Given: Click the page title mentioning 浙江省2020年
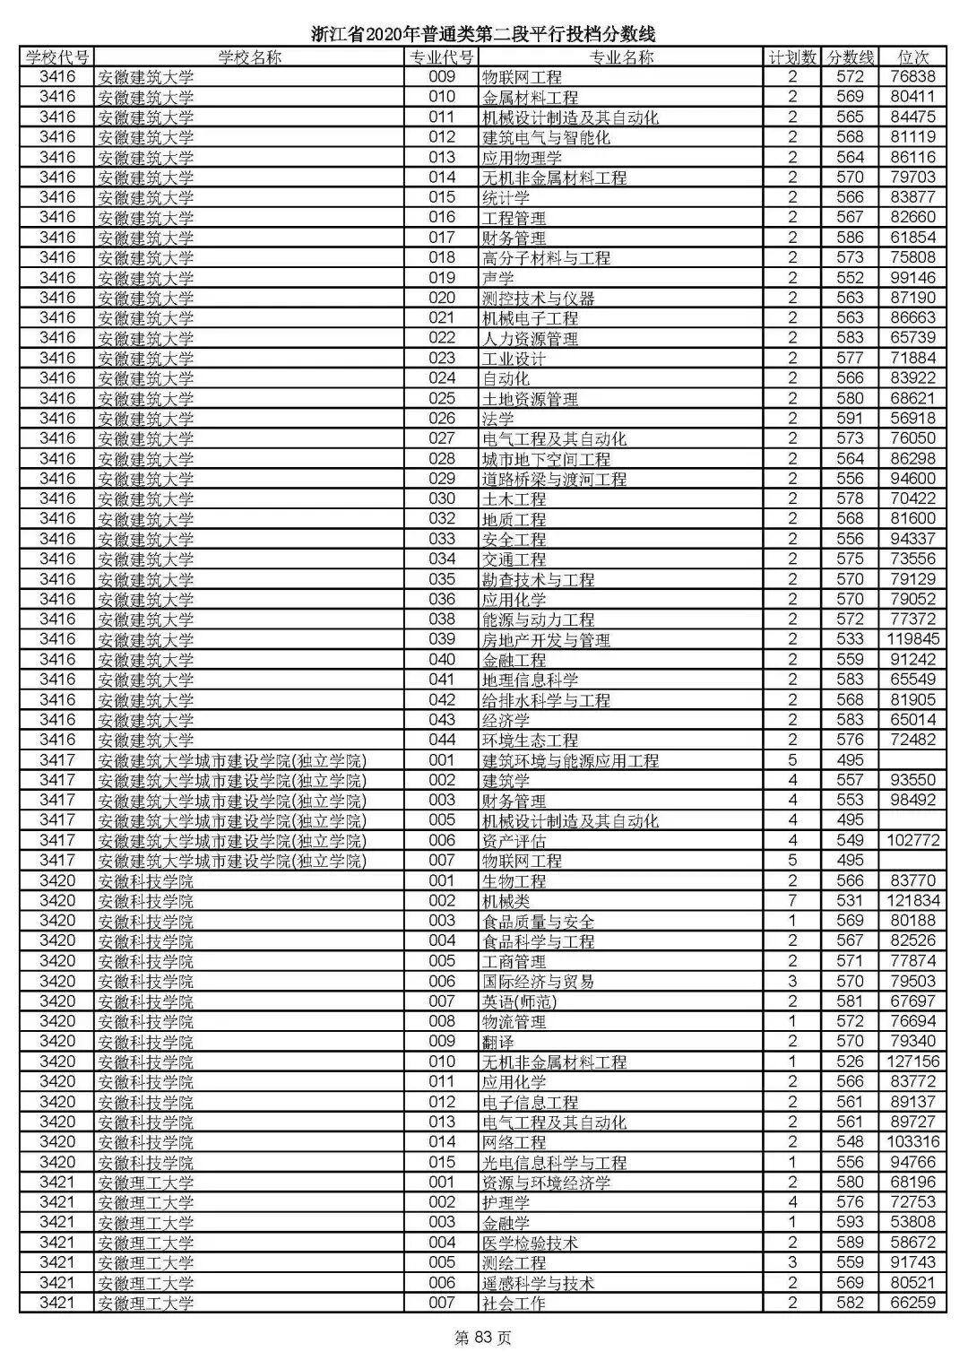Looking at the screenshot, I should (x=484, y=35).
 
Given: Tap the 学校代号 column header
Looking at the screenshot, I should (x=57, y=57).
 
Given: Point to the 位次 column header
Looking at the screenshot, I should (x=913, y=57).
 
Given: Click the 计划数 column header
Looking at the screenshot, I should (x=792, y=57).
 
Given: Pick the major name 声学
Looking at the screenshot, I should (x=498, y=278).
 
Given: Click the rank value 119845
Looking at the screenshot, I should (x=913, y=639).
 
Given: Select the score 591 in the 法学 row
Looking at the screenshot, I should (x=849, y=419).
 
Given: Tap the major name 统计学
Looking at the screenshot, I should (x=506, y=197).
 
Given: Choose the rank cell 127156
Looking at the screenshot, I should (x=913, y=1061).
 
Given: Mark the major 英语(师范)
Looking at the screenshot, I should (x=519, y=1001).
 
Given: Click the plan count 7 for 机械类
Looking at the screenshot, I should (x=792, y=901).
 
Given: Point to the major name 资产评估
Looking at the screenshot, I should (x=514, y=841).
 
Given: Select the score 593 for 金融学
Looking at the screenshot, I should (x=849, y=1222).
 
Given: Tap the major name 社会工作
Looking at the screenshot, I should (x=514, y=1303).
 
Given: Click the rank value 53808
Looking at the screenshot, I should (x=913, y=1222).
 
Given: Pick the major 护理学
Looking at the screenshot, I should (x=506, y=1202).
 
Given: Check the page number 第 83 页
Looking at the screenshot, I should (x=483, y=1339).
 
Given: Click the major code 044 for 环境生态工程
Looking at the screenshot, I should (x=442, y=740).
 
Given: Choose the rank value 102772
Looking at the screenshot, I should (x=913, y=841).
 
